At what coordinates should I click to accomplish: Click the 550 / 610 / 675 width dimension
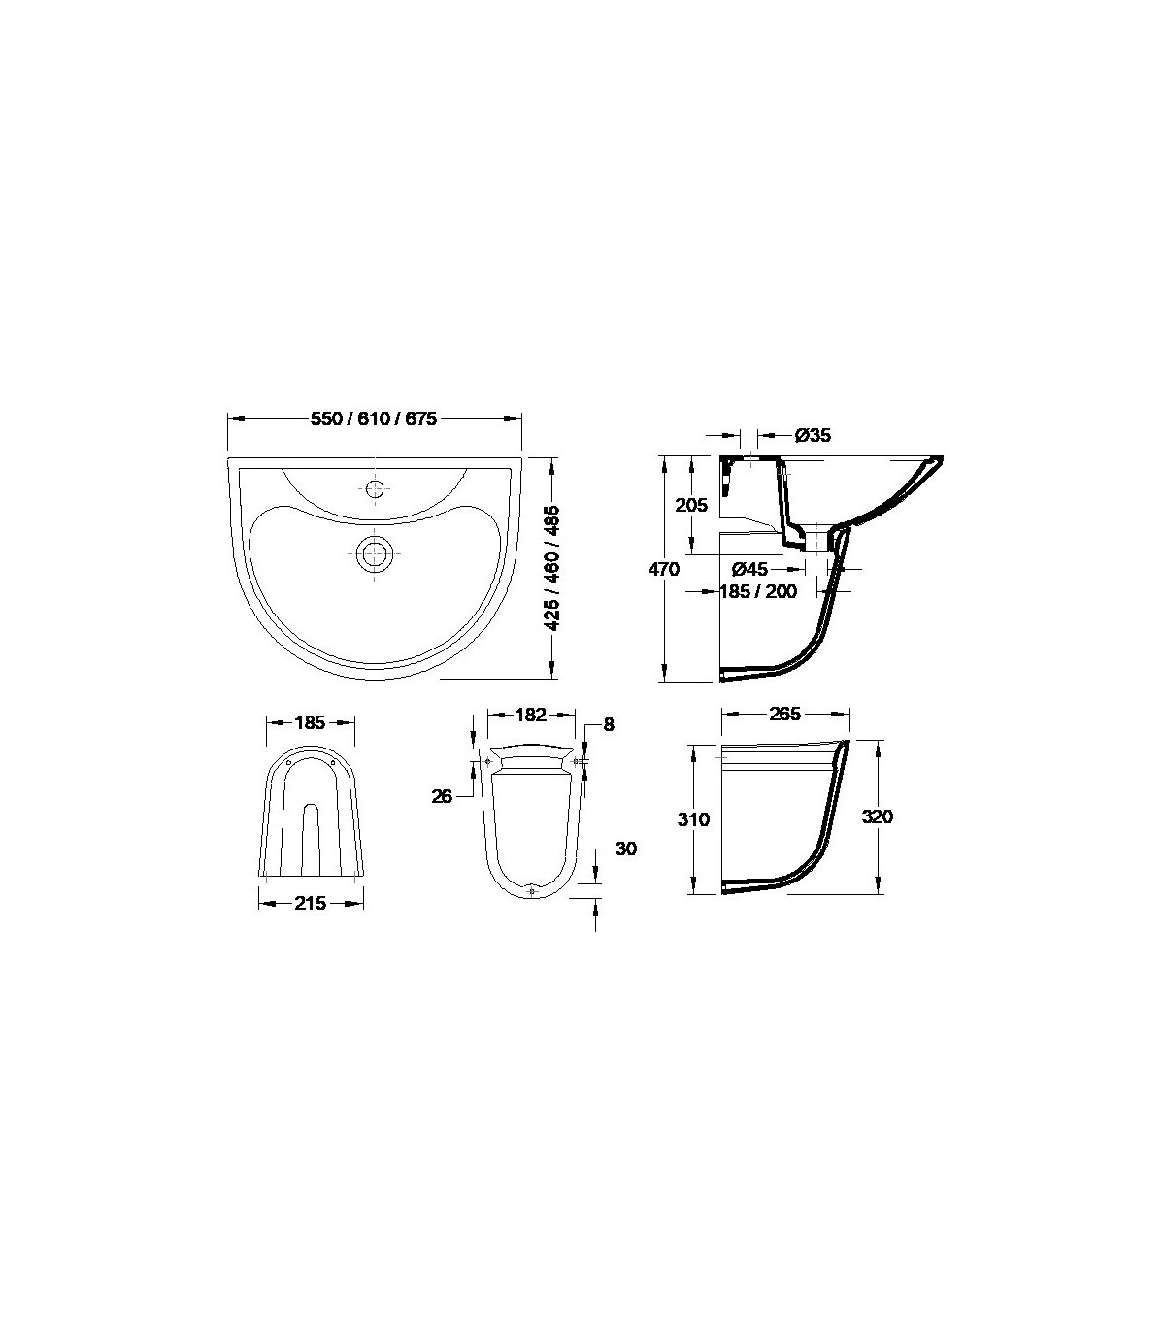[374, 418]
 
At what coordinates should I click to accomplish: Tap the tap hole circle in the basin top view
[374, 488]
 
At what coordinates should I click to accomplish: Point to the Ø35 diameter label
[813, 435]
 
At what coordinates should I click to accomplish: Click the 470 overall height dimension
[663, 569]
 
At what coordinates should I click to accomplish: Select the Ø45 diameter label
[749, 569]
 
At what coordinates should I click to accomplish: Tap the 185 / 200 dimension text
[759, 591]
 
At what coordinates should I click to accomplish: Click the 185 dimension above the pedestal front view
[310, 722]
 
